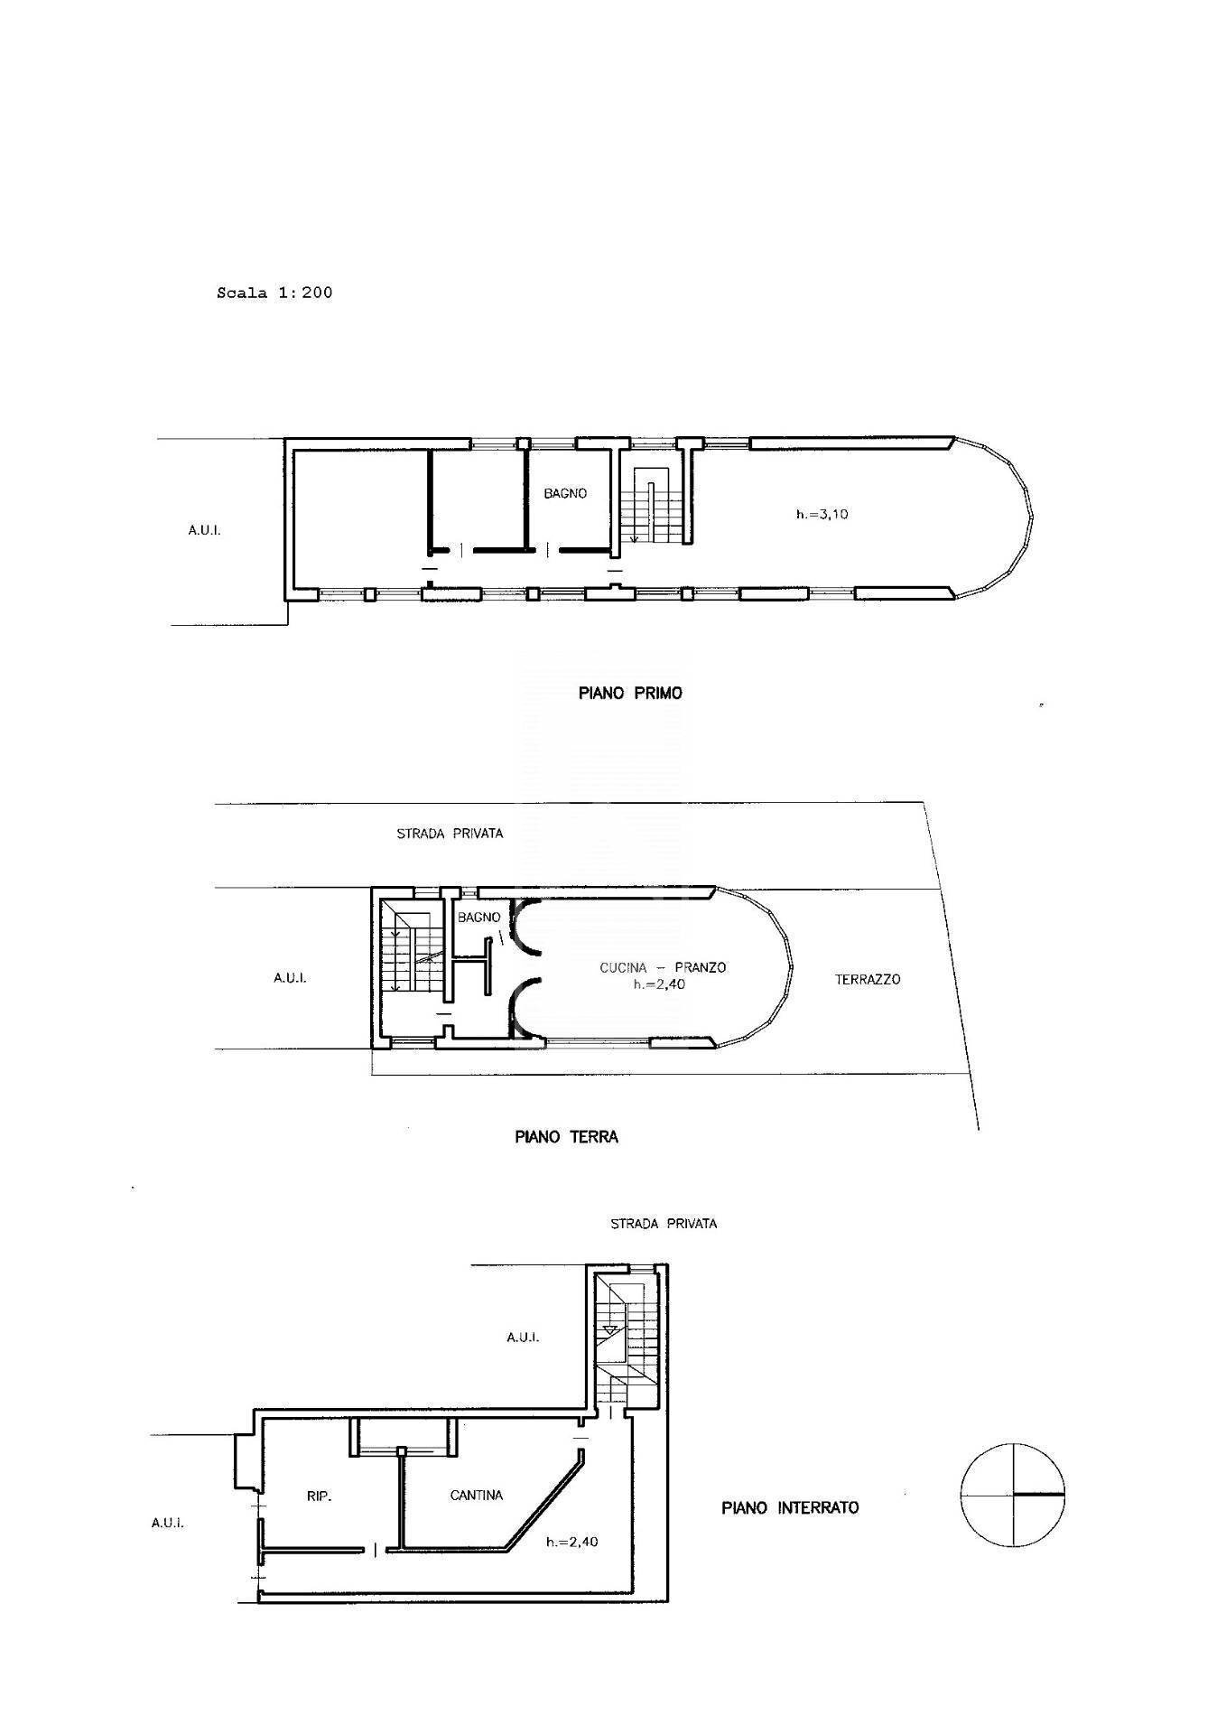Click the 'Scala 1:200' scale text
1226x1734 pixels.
(274, 293)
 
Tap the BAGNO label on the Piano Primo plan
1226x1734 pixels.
(565, 493)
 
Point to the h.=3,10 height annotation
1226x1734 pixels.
(822, 515)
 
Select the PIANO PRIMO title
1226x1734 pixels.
(630, 694)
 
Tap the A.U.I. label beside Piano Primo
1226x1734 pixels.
(204, 530)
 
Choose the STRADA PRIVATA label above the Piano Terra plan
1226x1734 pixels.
(450, 834)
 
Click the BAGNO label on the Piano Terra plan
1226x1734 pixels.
(478, 918)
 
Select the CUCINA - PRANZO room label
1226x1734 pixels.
(663, 967)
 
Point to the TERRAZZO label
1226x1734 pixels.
(868, 979)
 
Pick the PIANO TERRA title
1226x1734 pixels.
(566, 1137)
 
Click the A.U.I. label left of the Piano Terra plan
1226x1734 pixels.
(290, 977)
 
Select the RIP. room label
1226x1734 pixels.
(320, 1496)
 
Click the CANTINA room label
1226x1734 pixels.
(477, 1496)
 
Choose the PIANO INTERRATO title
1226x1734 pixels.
(790, 1507)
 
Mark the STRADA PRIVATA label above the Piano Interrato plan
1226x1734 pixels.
(664, 1224)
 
